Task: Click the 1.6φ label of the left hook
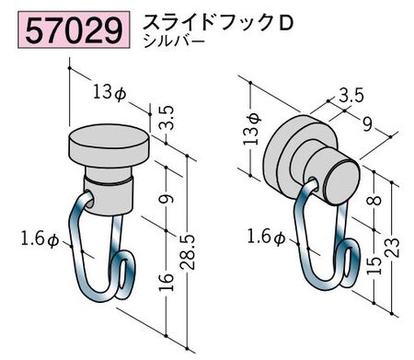coord(40,239)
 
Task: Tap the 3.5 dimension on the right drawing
coord(350,93)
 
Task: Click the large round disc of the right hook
coord(290,151)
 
